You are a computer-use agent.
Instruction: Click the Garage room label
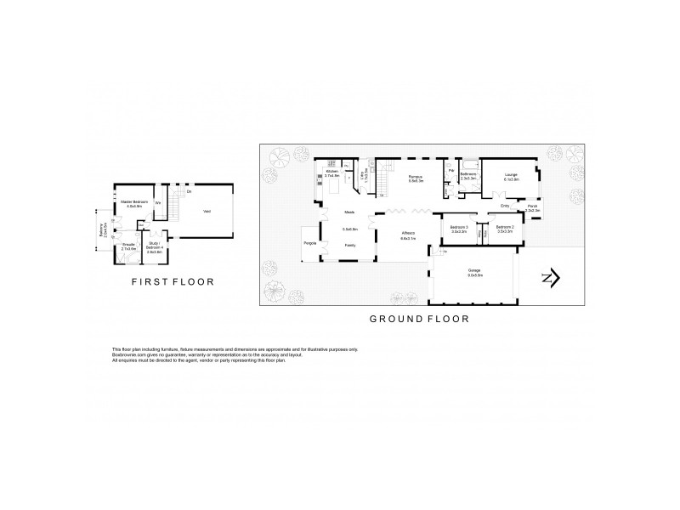point(474,270)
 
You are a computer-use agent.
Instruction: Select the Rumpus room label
point(416,176)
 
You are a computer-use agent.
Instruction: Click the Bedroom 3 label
point(460,227)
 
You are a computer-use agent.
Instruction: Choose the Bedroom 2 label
point(505,227)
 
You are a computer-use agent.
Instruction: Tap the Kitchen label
point(332,173)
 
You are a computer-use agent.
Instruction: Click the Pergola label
point(310,243)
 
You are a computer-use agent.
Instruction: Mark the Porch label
point(532,207)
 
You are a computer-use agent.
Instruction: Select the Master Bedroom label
point(133,201)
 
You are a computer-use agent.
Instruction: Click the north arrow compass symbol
point(550,279)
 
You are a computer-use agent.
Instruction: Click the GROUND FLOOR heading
point(417,319)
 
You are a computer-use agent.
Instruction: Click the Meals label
point(348,212)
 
